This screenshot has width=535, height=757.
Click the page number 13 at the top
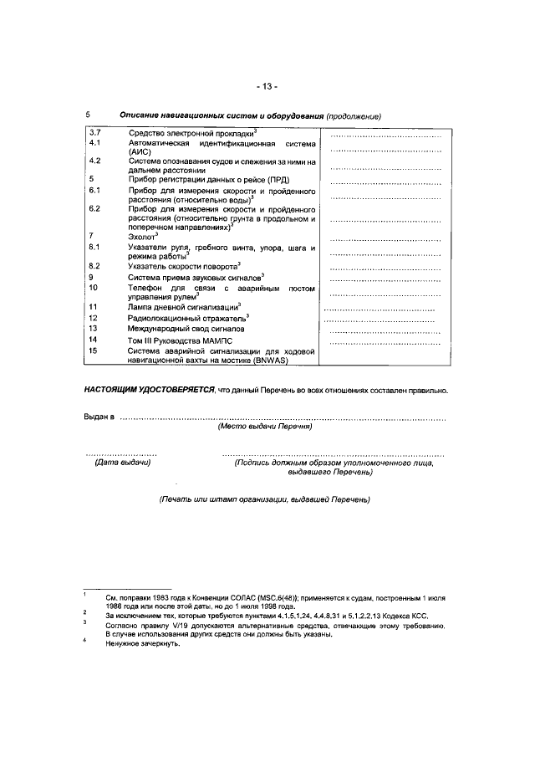[x=267, y=86]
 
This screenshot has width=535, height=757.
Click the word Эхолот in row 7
[x=141, y=237]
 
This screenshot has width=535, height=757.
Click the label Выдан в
[x=99, y=417]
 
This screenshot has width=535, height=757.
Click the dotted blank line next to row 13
[x=384, y=332]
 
